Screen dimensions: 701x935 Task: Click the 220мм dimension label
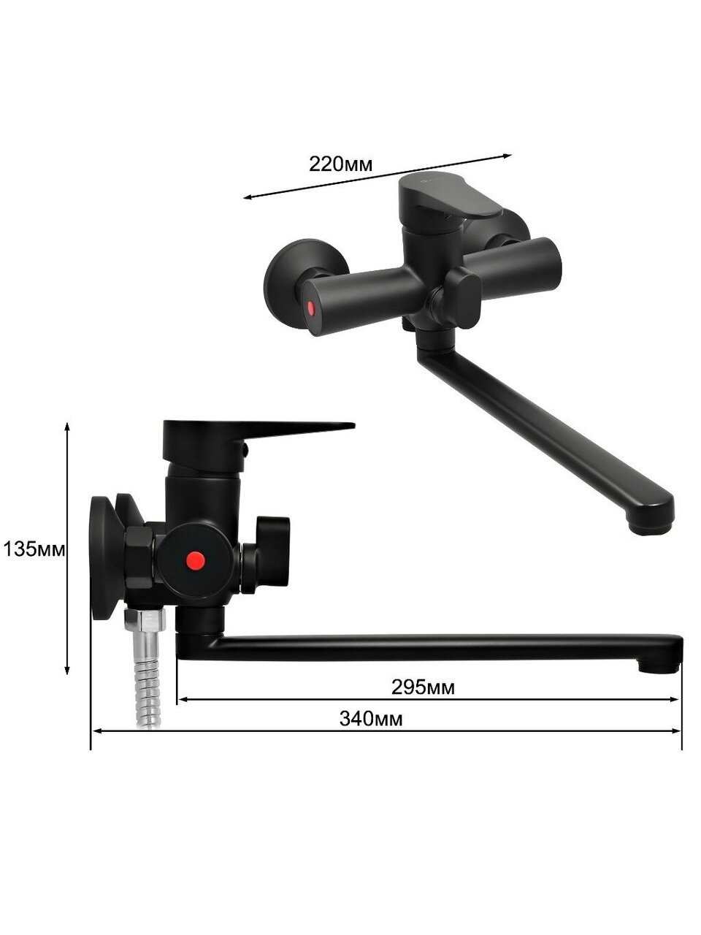pyautogui.click(x=340, y=164)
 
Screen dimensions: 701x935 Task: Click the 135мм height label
pyautogui.click(x=34, y=549)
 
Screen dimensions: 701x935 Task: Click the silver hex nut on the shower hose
pyautogui.click(x=145, y=620)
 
